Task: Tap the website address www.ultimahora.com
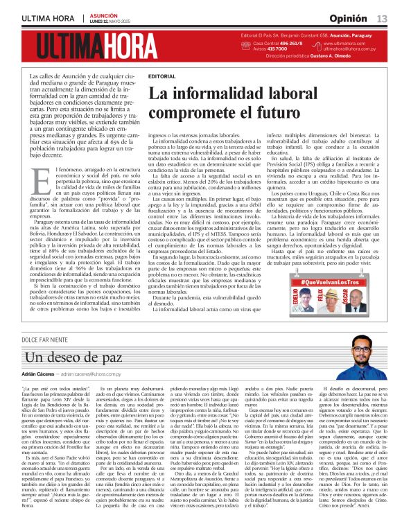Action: tap(349, 43)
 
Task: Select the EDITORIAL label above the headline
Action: tap(161, 76)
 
